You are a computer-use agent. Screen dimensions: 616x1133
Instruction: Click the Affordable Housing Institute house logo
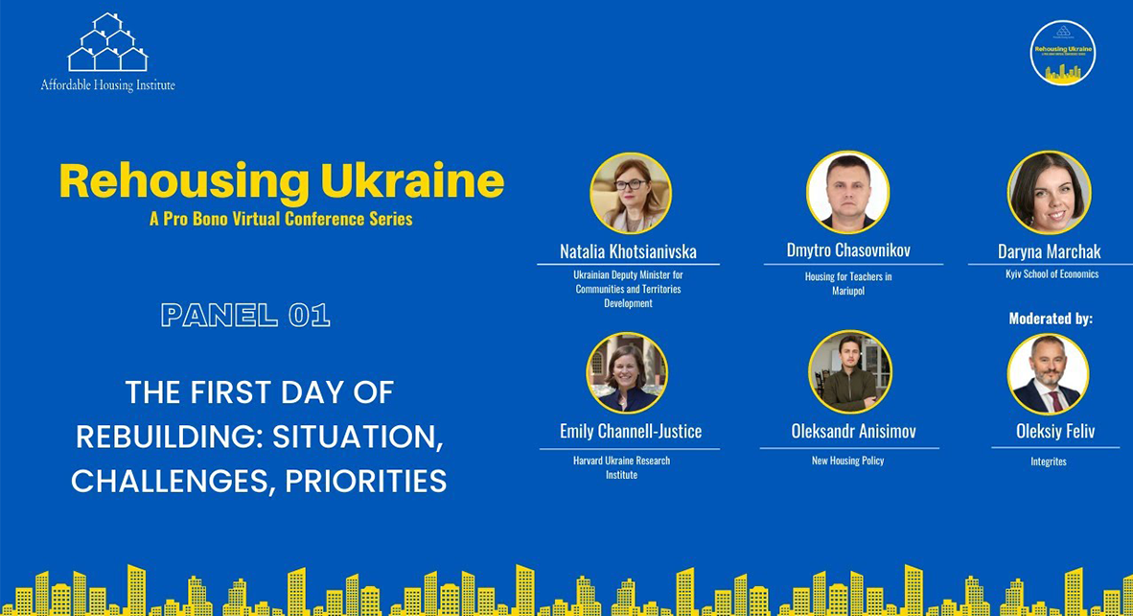click(107, 43)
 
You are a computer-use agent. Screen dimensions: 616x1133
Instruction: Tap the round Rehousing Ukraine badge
click(1062, 52)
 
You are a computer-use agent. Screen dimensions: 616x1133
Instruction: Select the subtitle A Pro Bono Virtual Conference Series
click(281, 219)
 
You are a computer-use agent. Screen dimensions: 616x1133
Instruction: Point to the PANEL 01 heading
click(245, 315)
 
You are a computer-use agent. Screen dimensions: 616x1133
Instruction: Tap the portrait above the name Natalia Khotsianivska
click(630, 193)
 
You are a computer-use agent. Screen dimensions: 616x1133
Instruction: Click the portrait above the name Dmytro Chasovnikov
click(847, 192)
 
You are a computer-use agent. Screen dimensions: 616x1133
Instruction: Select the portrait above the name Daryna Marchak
click(1049, 192)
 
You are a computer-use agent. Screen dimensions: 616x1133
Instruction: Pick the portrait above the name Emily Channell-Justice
click(627, 373)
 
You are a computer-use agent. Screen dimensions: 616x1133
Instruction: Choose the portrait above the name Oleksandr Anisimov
click(849, 372)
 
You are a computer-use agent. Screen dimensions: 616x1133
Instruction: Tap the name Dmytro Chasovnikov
click(848, 250)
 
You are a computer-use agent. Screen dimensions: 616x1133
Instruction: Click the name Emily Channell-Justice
click(630, 431)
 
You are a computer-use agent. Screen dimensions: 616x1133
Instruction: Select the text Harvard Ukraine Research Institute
click(621, 467)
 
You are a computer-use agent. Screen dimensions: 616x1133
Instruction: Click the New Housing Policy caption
click(847, 461)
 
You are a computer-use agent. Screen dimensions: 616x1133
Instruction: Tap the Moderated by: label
click(1051, 319)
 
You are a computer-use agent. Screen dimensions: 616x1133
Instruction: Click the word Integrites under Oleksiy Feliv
click(1047, 462)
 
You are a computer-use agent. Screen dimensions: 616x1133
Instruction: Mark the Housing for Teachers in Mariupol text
click(848, 283)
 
